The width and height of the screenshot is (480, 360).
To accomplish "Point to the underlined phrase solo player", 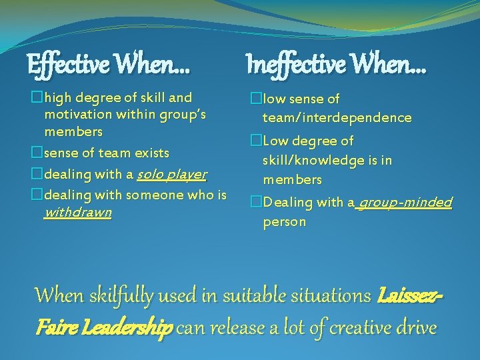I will tap(171, 175).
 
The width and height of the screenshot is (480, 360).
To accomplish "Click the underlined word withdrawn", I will tap(78, 213).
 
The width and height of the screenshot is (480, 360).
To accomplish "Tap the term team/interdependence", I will tap(337, 118).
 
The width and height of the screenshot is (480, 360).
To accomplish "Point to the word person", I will tap(284, 221).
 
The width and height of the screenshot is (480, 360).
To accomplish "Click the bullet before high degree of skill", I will tap(37, 98).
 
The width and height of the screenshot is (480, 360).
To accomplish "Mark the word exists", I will tap(152, 153).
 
